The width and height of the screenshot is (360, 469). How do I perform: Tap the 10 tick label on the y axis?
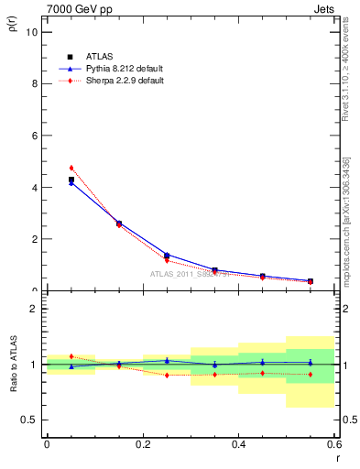coord(32,31)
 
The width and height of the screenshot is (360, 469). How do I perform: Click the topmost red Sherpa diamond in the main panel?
coord(71,168)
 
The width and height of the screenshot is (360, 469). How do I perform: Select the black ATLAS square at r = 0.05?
coord(71,180)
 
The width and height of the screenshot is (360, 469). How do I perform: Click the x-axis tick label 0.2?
coord(142,444)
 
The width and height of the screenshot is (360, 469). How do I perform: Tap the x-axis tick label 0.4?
coord(238,444)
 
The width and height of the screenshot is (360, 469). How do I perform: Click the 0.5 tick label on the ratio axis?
coord(30,420)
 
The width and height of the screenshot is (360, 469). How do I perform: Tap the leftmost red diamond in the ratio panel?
coord(71,356)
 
